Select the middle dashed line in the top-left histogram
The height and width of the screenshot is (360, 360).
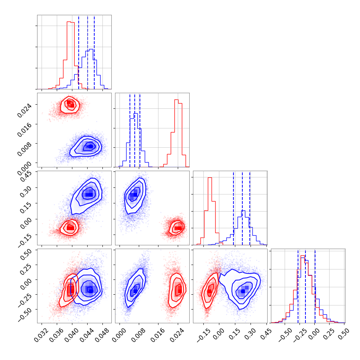pos(88,52)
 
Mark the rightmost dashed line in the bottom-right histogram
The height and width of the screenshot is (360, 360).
pos(315,286)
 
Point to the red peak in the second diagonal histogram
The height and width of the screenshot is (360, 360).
pos(176,100)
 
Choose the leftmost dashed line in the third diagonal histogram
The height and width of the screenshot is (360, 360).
pos(233,208)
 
